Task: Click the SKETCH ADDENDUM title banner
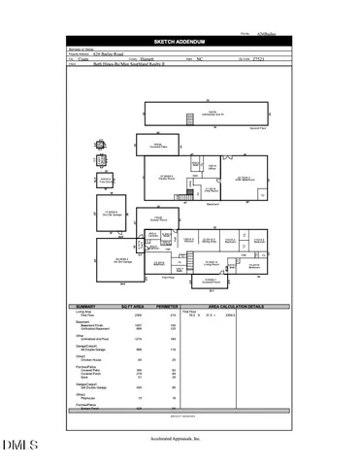click(180, 42)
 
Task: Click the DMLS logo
click(19, 446)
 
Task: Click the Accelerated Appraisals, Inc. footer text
click(180, 440)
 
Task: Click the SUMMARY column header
click(86, 307)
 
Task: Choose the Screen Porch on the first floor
click(156, 218)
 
